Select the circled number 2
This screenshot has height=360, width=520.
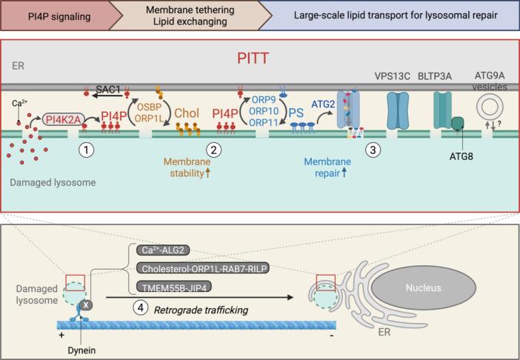(214, 148)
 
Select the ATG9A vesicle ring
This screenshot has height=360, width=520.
(489, 107)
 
